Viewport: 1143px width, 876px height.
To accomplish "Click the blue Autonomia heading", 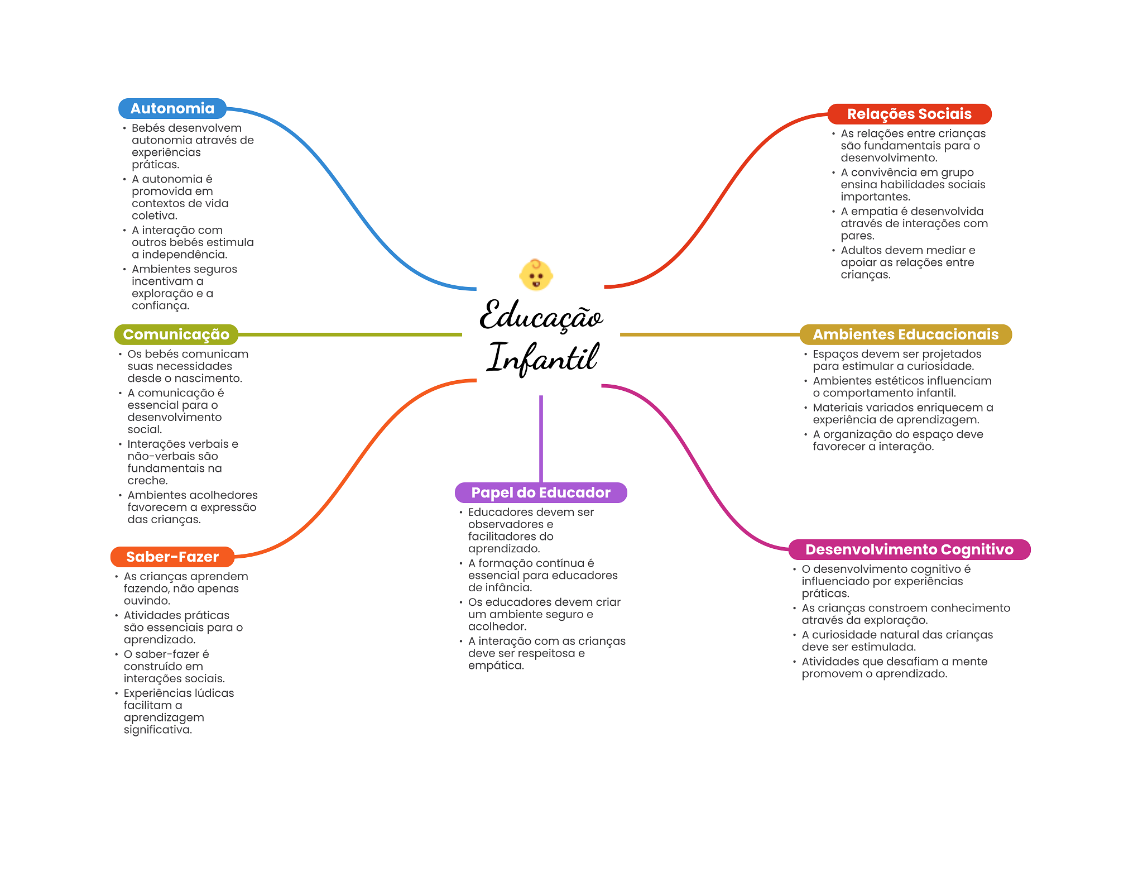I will click(x=172, y=108).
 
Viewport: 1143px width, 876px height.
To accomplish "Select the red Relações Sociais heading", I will click(x=909, y=114).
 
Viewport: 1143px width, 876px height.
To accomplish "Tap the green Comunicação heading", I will click(x=176, y=334).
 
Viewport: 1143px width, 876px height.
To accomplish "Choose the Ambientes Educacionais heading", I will click(x=905, y=334).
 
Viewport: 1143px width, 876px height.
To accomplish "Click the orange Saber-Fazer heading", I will click(x=172, y=557).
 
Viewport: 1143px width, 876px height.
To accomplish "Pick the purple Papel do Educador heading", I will click(x=540, y=492).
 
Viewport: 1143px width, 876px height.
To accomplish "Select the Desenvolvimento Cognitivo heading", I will click(x=909, y=549).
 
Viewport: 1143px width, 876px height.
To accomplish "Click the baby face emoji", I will click(x=536, y=275).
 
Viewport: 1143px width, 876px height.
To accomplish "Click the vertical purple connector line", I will click(x=541, y=438).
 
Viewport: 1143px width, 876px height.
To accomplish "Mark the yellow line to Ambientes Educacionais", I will click(x=709, y=334).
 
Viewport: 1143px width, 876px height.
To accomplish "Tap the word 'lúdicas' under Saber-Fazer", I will click(x=214, y=693).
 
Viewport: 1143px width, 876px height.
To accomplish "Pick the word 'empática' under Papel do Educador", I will click(x=496, y=666).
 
